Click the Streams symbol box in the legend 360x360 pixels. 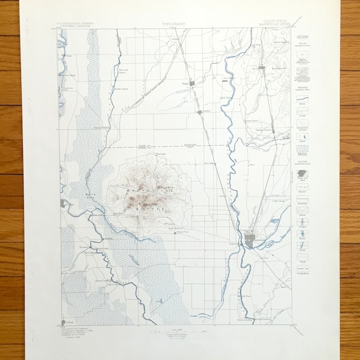coord(302,101)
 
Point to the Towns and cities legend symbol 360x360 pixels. coord(302,174)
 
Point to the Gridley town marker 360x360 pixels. coord(262,68)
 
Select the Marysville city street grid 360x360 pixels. coord(251,241)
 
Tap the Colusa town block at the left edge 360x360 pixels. coord(63,203)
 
